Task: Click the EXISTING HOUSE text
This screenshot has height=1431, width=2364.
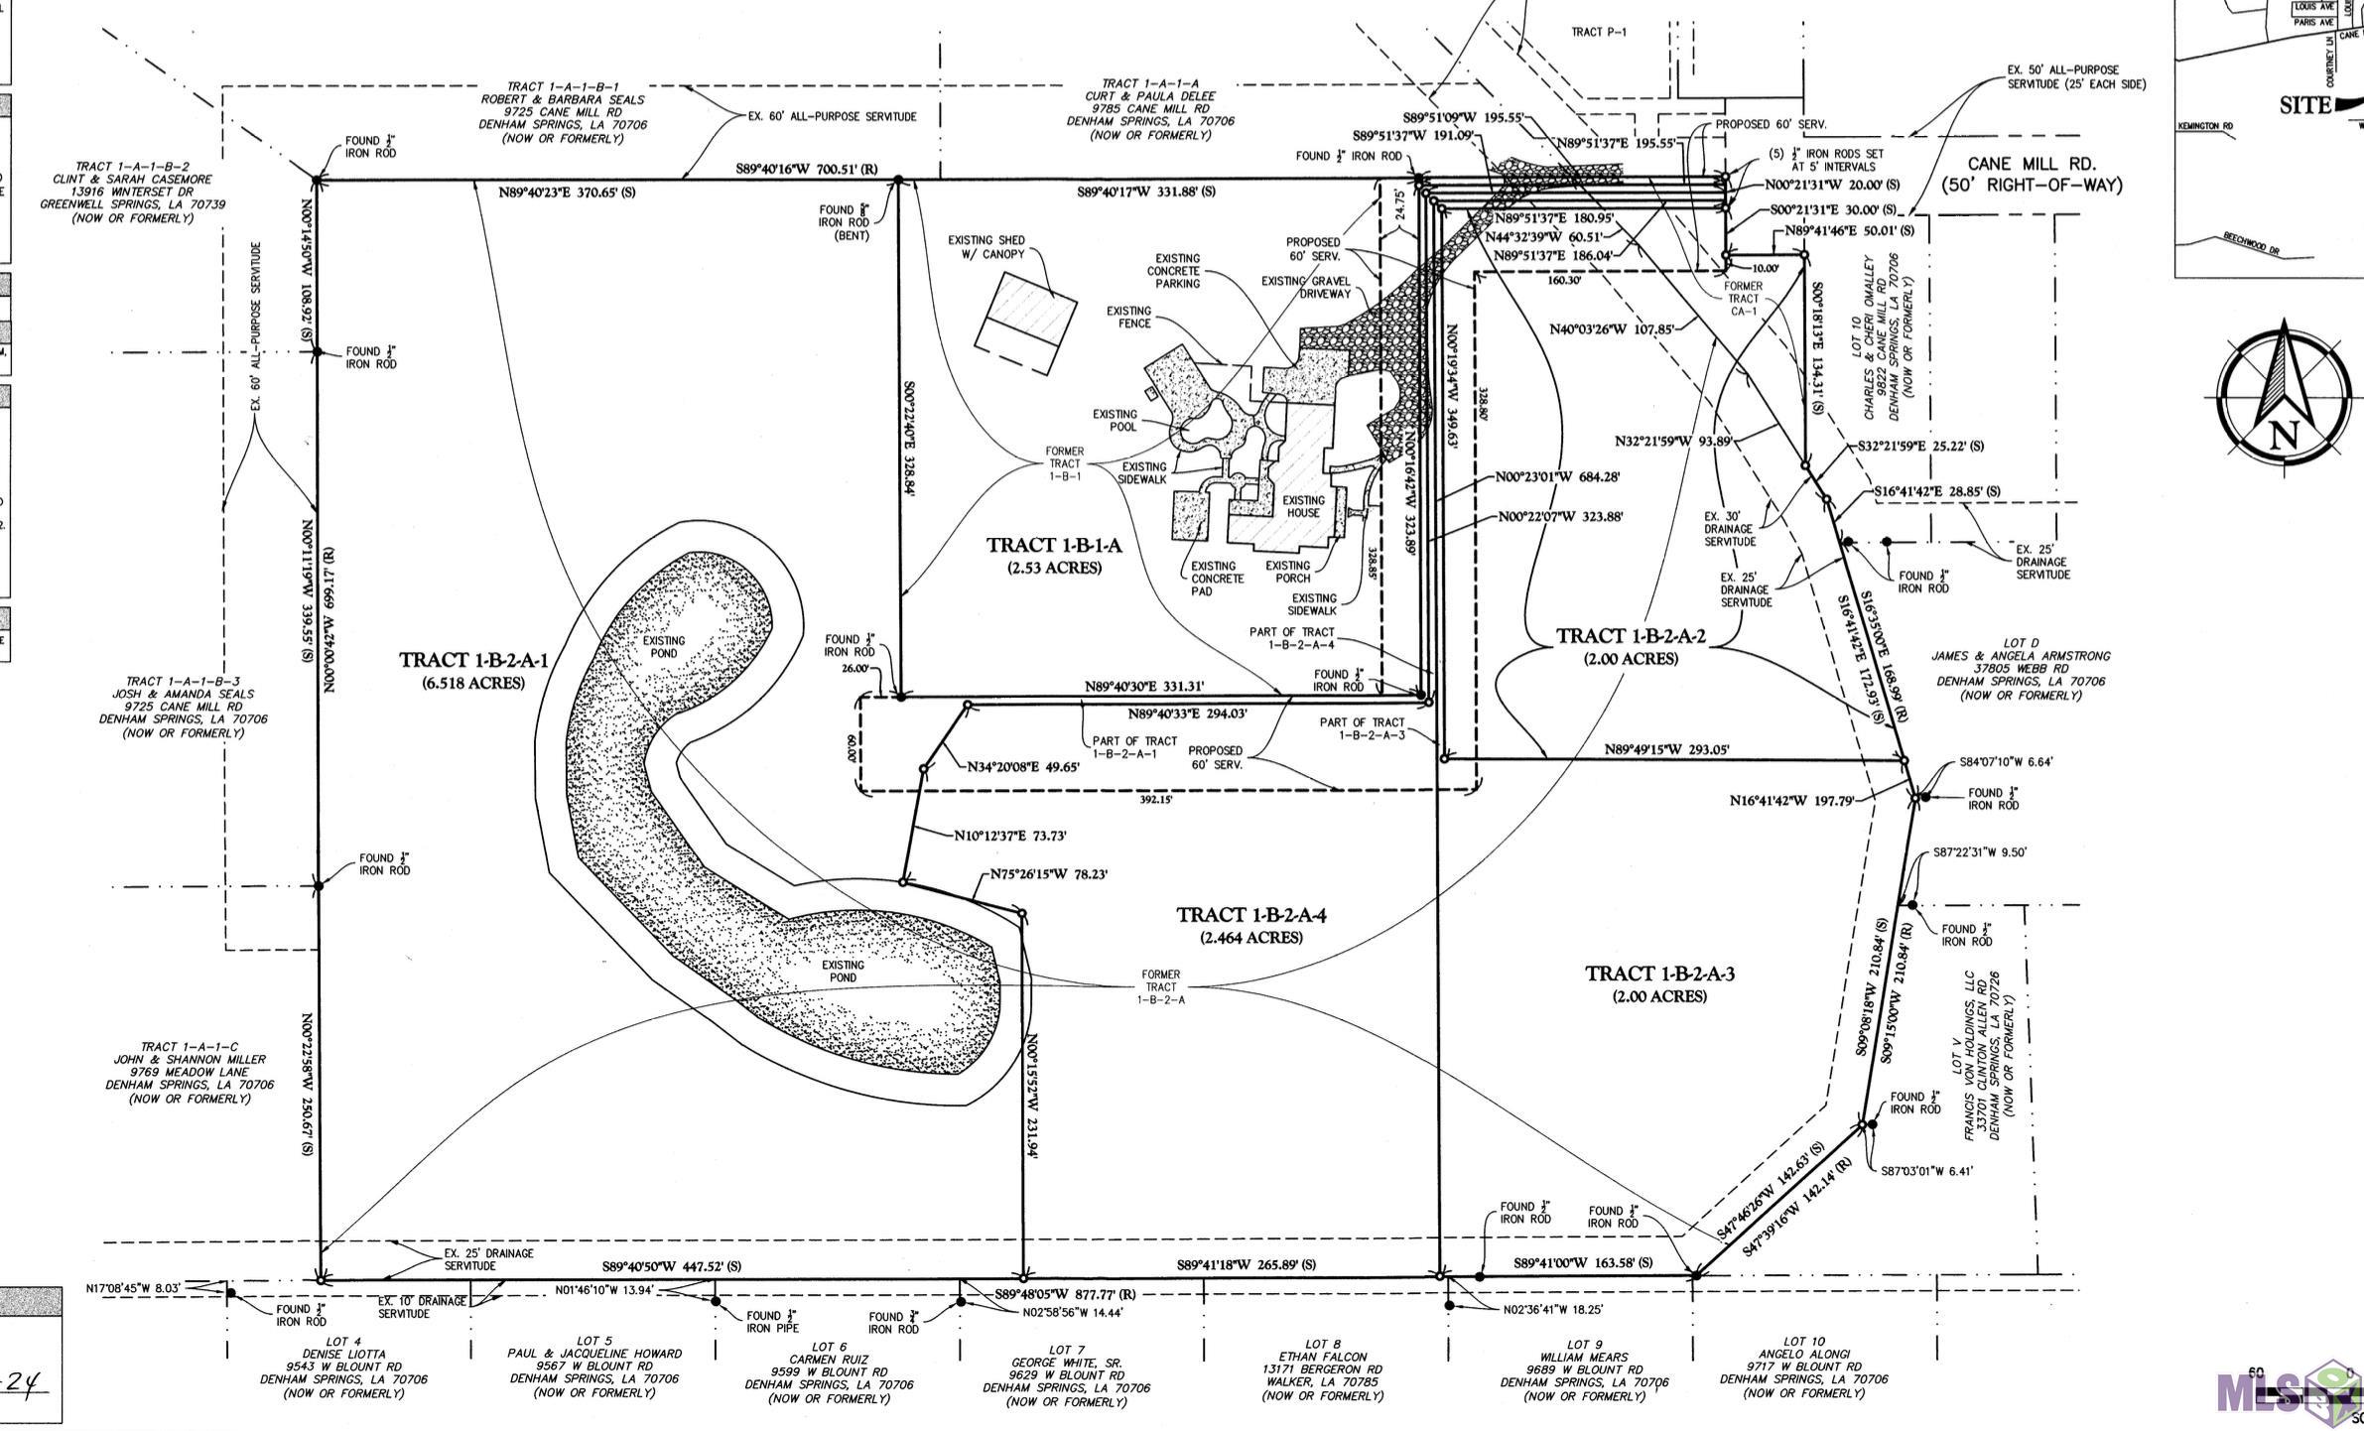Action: click(x=1303, y=506)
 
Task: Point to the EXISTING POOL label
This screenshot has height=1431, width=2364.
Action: click(x=1115, y=420)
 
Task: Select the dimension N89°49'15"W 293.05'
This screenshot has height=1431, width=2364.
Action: click(x=1667, y=750)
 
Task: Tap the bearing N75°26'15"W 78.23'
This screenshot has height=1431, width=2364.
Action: click(x=1048, y=875)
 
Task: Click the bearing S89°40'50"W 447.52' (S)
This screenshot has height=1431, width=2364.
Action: click(x=672, y=1267)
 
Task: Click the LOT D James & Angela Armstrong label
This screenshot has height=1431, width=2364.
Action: click(x=2020, y=675)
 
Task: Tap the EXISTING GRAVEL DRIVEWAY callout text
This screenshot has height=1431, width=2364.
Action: click(x=1306, y=287)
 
